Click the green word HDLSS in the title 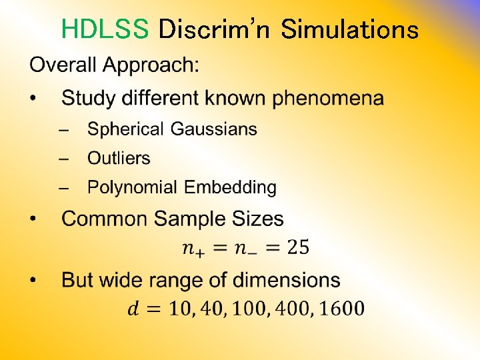pos(105,29)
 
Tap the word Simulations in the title pos(349,29)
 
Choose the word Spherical pos(125,129)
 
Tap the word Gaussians pos(213,129)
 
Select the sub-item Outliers pos(119,158)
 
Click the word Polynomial pos(133,188)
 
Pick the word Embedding pos(230,188)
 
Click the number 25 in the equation pos(297,249)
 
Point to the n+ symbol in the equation pos(194,249)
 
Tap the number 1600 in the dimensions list pos(341,309)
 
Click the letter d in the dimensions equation pos(133,309)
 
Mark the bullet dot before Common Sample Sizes pos(34,219)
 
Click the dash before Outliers pos(64,159)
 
